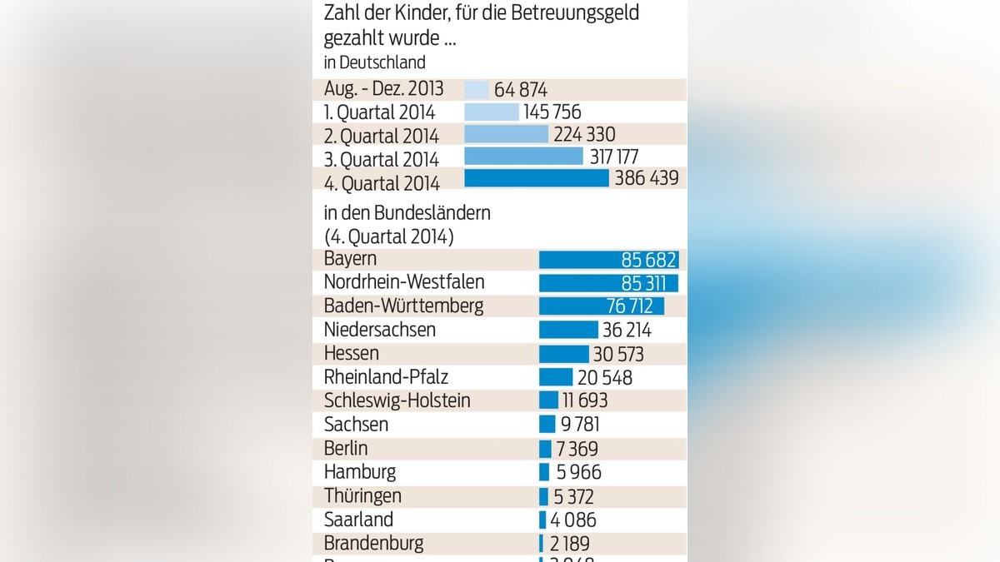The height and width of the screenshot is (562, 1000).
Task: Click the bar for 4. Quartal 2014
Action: pos(536,178)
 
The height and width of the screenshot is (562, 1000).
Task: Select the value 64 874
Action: pos(520,90)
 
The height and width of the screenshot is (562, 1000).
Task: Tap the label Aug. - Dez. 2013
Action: pos(383,89)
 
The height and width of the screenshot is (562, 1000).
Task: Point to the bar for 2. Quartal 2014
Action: pos(506,134)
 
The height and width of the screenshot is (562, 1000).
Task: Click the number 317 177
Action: pos(622,157)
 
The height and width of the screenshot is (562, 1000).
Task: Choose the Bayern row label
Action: pos(350,259)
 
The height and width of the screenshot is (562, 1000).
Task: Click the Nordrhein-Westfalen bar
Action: pos(608,283)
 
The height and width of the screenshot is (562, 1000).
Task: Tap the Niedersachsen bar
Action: pos(568,330)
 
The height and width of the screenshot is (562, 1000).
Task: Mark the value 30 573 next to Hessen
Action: pos(618,355)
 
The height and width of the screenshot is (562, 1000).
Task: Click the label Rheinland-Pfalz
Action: pos(386,377)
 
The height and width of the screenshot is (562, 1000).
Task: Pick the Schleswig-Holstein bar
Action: pos(549,400)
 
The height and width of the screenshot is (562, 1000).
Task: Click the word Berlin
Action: pos(346,449)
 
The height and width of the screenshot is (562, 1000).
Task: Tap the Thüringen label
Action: pos(362,496)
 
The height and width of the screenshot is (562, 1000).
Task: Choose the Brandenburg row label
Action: pos(373,544)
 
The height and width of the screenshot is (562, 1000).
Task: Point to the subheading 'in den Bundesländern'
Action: pos(407,213)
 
